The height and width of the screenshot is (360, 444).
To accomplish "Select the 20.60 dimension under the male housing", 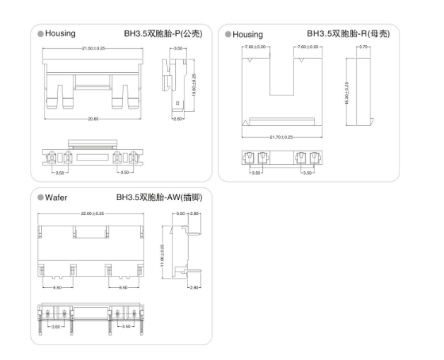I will [93, 119].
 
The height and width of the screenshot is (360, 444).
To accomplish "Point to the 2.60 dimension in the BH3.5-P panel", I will [178, 119].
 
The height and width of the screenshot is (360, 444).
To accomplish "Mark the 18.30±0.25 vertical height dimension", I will [347, 92].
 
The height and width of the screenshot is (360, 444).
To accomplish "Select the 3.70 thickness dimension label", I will [364, 47].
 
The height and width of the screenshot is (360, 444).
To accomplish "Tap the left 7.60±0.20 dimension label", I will [255, 47].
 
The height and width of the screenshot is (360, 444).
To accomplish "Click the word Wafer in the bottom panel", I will [57, 197].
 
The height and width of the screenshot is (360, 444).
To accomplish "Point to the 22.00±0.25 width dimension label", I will [91, 213].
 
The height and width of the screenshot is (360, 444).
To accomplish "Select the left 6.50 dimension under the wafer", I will [57, 288].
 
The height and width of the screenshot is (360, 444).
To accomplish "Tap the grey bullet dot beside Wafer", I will [41, 197].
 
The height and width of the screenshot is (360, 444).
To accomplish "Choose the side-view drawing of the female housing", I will [364, 90].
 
